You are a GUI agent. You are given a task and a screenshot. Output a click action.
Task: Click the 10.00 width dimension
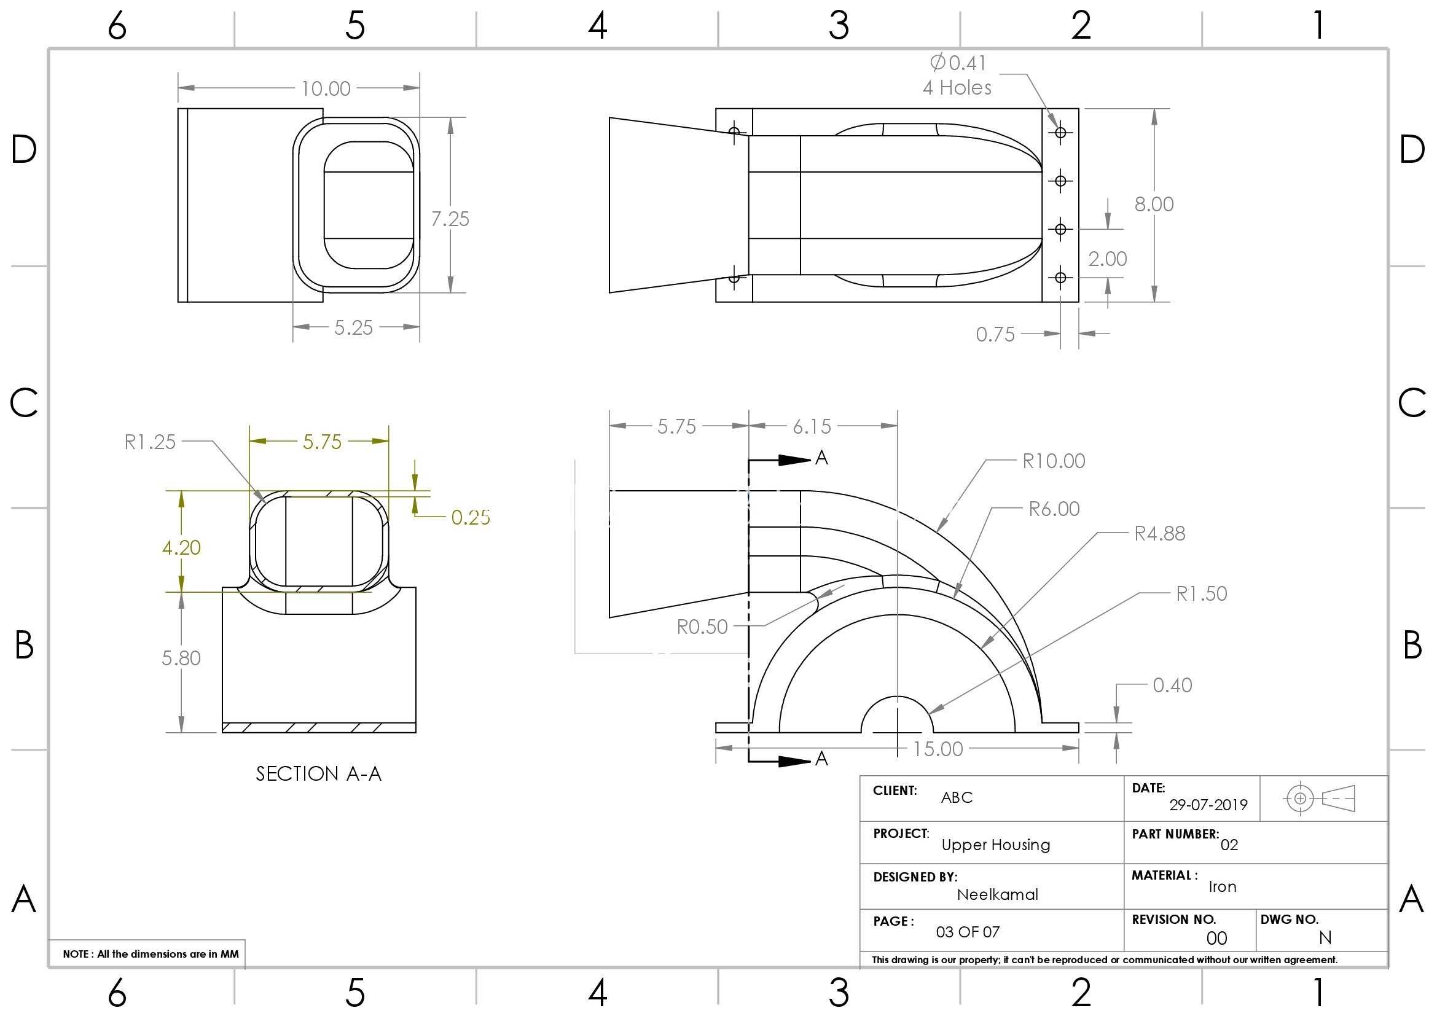326,89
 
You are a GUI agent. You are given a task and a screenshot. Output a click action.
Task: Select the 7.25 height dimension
450,219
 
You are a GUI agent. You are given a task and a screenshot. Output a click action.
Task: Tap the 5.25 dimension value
354,328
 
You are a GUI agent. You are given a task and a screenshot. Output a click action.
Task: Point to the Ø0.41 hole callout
958,63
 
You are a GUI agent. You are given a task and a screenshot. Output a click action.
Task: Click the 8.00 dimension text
1154,204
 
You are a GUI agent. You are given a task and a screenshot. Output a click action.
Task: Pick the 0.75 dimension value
995,335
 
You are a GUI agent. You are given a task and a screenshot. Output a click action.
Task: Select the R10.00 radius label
1054,461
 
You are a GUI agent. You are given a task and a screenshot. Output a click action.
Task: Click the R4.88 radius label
1160,534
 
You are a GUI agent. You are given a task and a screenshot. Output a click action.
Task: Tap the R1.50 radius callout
1202,594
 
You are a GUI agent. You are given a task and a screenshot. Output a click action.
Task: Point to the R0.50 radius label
702,627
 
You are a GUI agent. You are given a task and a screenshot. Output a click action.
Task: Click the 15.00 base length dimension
938,749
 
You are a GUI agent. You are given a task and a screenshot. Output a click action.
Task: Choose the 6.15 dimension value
812,427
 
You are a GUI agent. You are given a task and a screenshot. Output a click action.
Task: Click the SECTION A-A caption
319,774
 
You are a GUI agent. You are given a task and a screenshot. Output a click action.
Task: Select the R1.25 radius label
150,442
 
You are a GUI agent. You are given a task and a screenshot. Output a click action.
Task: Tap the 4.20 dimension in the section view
181,548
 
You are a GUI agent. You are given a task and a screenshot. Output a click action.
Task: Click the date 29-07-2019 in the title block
1208,805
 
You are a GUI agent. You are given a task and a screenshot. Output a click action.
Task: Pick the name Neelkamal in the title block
998,894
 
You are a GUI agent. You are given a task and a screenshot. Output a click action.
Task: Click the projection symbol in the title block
1319,799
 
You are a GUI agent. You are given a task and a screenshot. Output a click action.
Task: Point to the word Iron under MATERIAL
1223,886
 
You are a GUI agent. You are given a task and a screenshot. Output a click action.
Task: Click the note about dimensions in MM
151,954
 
